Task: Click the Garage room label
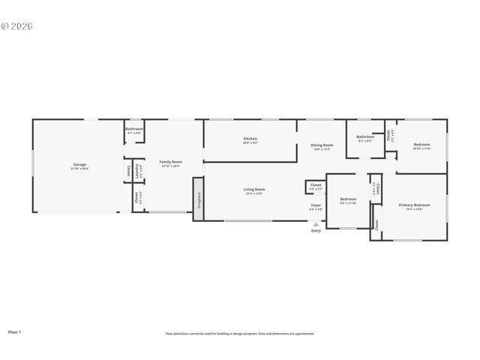[79, 164]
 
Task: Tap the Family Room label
[170, 162]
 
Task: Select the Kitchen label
[250, 139]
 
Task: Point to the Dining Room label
[322, 145]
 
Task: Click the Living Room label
[254, 189]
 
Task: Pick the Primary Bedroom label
[414, 205]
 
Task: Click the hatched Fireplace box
[198, 199]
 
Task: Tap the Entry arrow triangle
[316, 223]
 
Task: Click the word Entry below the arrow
[316, 230]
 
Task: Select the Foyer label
[316, 205]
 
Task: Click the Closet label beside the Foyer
[316, 184]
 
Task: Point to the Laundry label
[137, 171]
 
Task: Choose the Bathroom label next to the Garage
[134, 129]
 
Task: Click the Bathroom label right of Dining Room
[365, 137]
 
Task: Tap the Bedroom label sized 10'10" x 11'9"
[421, 144]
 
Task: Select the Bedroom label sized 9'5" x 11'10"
[348, 199]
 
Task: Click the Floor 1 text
[14, 331]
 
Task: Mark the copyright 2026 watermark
[17, 25]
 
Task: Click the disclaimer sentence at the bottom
[240, 334]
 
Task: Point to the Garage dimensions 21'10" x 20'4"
[79, 169]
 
